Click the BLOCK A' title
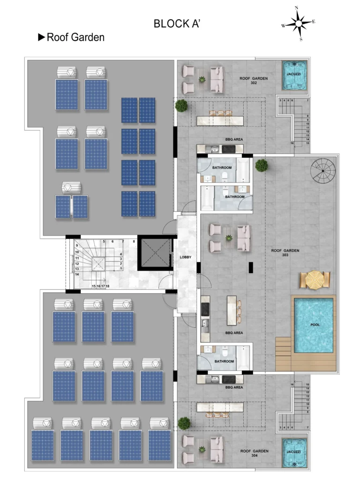[x=177, y=24]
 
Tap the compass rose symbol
[x=298, y=23]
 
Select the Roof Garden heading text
[x=75, y=38]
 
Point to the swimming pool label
[x=315, y=325]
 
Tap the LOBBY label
[x=186, y=257]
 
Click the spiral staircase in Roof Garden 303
[x=322, y=171]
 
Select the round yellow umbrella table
[x=315, y=280]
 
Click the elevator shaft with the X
[x=156, y=253]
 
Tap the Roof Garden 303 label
[x=285, y=253]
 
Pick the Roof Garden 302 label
[x=254, y=80]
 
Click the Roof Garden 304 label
[x=254, y=453]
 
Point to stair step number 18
[x=107, y=287]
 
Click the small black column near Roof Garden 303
[x=251, y=267]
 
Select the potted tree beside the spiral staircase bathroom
[x=262, y=165]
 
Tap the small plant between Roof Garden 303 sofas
[x=229, y=238]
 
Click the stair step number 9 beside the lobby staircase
[x=77, y=246]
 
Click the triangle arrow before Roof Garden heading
[x=41, y=38]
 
